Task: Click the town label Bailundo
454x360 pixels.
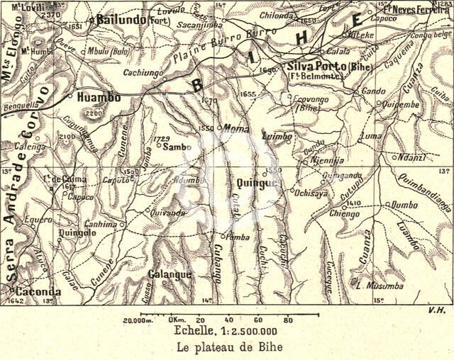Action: (x=122, y=19)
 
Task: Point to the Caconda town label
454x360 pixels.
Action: (x=38, y=291)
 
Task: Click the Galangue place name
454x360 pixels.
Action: (x=170, y=274)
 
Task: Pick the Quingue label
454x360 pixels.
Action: (x=255, y=184)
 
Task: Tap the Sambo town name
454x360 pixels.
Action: (x=177, y=147)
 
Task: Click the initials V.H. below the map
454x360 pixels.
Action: (x=436, y=309)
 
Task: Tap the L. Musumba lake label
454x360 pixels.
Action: (x=380, y=286)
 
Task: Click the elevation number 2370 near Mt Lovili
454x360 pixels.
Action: (x=51, y=14)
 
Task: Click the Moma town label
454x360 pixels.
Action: (x=236, y=129)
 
